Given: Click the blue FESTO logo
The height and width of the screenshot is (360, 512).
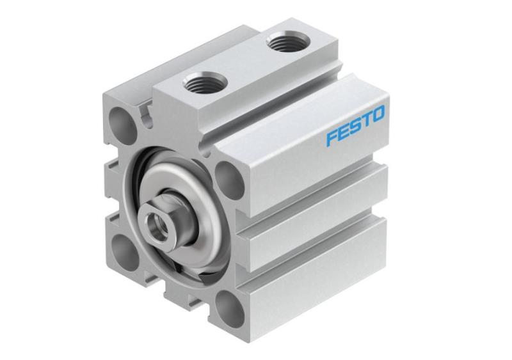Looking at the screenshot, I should (355, 126).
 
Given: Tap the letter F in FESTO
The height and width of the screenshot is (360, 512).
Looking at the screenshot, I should (332, 137).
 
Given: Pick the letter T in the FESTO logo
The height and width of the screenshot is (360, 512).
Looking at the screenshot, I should (365, 121).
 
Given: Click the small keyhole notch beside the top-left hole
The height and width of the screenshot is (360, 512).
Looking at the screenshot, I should (144, 115).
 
